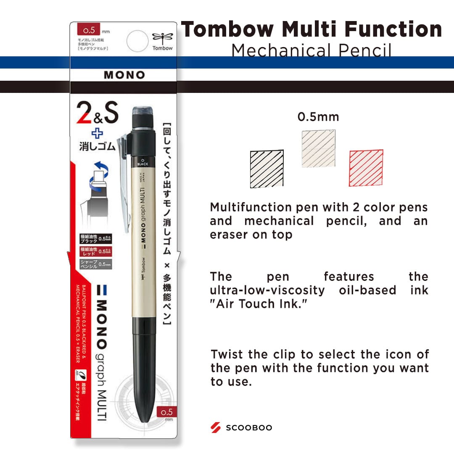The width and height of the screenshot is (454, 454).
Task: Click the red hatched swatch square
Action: (x=366, y=168)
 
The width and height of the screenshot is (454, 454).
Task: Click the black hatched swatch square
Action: (x=267, y=169)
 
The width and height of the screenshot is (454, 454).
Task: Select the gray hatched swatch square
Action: (x=318, y=149)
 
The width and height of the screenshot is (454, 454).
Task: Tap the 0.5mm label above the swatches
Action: (x=318, y=117)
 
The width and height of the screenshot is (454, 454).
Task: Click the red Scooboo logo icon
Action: (x=216, y=428)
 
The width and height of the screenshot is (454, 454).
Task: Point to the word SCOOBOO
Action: (x=249, y=428)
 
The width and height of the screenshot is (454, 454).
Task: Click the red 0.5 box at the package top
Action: (x=87, y=30)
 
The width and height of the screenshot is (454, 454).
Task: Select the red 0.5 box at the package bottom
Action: (x=166, y=412)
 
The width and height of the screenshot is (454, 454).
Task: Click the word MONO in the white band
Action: (x=124, y=75)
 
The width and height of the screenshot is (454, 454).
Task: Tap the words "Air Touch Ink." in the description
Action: (x=259, y=304)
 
